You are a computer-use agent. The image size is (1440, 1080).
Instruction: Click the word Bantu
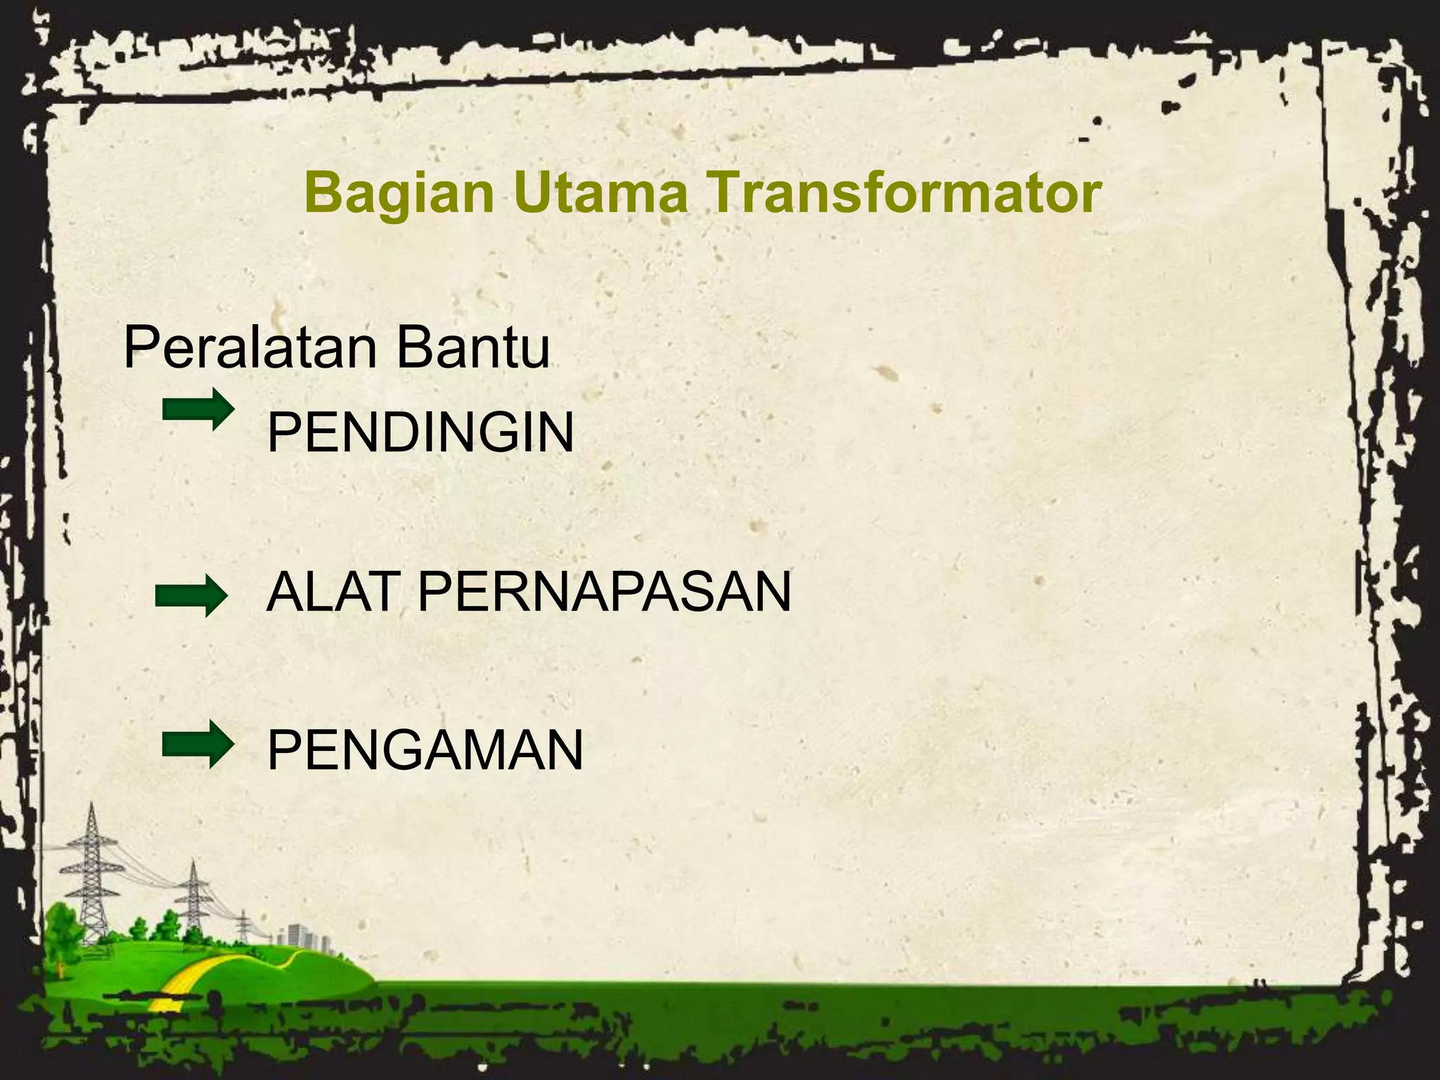pos(472,347)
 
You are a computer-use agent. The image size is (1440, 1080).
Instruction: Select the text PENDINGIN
pos(420,433)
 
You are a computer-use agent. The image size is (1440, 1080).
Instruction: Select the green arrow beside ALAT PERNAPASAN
pos(191,596)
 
